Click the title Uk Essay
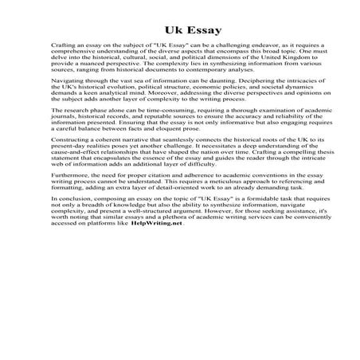[x=179, y=29]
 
